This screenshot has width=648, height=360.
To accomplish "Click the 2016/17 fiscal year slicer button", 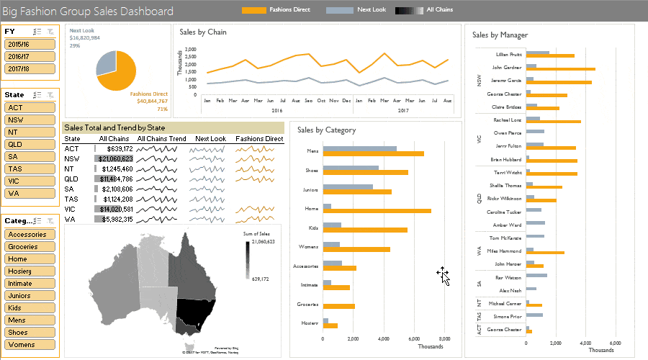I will (30, 56).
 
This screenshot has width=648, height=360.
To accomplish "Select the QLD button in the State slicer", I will (30, 144).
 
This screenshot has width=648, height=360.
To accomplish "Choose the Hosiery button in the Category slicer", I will (30, 271).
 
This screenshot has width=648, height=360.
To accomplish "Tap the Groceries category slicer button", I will (30, 246).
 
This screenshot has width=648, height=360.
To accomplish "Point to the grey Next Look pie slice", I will (105, 62).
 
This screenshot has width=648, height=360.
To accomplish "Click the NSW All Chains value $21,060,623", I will (114, 158).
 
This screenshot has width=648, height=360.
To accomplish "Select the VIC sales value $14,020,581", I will (114, 209).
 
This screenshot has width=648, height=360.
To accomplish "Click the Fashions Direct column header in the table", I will (259, 138).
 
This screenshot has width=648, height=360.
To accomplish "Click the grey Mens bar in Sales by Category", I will (359, 149).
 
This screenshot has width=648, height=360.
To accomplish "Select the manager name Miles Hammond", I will (504, 251).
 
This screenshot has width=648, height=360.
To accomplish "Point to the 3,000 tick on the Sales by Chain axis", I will (190, 50).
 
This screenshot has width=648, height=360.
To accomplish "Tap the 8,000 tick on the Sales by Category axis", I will (445, 338).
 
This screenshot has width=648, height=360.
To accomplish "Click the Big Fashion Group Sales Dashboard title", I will (88, 12).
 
